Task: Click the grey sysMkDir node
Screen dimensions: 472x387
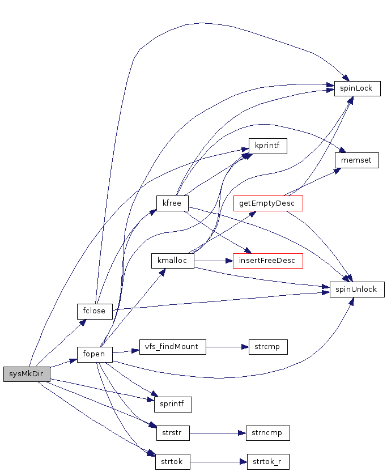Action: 27,374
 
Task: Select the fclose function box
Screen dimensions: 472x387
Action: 95,311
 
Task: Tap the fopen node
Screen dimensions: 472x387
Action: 95,354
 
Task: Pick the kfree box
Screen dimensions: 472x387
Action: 172,203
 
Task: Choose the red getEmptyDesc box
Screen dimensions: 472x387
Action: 268,203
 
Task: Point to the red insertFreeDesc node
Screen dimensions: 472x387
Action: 268,261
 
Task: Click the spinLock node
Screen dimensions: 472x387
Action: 357,88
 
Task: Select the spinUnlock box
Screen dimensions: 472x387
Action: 357,289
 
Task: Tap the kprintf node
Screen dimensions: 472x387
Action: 268,146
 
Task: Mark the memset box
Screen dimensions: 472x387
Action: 356,160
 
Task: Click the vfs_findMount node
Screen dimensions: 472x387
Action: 172,347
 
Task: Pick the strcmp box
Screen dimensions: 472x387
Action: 268,347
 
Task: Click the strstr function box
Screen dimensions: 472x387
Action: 172,433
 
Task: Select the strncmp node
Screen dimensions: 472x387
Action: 268,433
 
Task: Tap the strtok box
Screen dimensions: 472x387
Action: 172,461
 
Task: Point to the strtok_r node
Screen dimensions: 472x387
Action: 268,461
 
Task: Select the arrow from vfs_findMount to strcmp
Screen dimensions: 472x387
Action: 227,347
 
